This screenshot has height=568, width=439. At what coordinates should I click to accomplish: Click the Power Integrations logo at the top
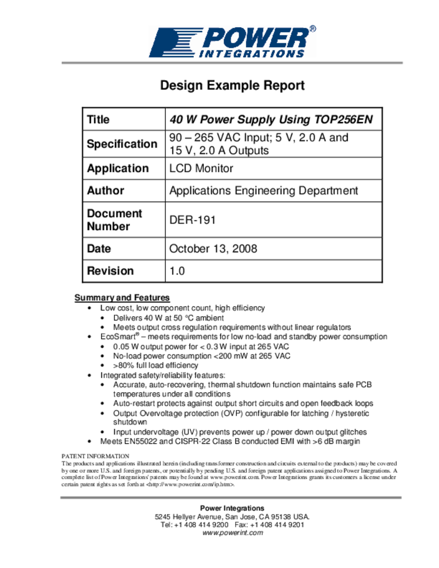point(232,41)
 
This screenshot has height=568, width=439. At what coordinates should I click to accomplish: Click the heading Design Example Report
point(232,85)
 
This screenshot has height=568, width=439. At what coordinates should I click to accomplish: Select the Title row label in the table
point(98,119)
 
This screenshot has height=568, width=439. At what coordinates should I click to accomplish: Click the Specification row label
point(122,144)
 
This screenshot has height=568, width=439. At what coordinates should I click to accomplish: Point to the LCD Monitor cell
point(201,168)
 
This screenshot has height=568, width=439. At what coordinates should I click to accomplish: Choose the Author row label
point(105,190)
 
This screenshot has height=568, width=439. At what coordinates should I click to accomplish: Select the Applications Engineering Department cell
point(264,190)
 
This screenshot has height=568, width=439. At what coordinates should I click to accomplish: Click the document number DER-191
point(192,220)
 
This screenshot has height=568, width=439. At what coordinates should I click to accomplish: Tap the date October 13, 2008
point(213,248)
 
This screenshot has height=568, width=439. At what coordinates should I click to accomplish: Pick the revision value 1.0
point(176,271)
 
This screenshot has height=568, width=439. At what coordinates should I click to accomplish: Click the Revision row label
point(110,271)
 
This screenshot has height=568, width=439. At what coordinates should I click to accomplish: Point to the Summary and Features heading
point(122,298)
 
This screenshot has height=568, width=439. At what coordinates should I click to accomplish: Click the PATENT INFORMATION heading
point(95,456)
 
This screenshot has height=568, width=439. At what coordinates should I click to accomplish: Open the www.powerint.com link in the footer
point(232,533)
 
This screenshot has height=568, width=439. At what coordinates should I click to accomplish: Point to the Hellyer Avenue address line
point(232,516)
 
